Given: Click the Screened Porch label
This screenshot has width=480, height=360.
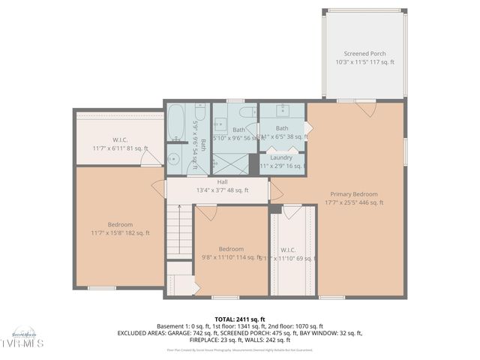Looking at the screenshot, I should point(364,54).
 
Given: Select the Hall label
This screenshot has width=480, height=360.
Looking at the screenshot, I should point(223,181).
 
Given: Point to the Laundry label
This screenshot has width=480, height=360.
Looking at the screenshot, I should point(281,157).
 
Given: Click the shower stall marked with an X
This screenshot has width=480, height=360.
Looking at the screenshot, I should point(232,163).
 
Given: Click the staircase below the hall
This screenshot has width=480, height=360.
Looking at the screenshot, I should point(179,232).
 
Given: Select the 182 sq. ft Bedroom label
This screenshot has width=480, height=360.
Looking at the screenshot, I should point(120,224).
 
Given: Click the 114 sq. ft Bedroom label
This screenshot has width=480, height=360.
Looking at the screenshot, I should point(231,249).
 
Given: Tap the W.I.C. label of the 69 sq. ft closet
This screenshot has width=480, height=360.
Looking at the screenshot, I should point(289,249).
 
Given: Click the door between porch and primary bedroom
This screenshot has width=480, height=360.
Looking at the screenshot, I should point(365,108).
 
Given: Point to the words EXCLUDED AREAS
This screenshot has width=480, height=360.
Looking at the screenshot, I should point(143,333).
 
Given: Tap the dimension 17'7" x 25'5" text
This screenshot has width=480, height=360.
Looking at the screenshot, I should point(354,202).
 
